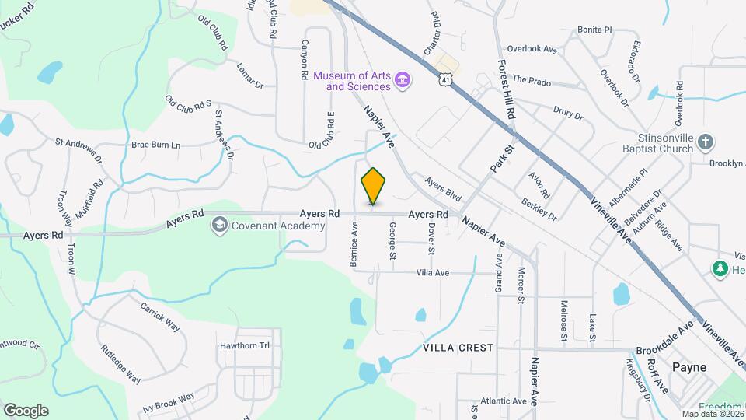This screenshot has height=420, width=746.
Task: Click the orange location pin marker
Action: coord(374,186)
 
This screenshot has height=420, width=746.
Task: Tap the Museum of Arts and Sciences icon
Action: coord(403,80)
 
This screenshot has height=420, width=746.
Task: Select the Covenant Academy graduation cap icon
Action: coord(220,226)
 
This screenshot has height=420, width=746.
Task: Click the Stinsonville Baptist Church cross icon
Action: coord(705,142)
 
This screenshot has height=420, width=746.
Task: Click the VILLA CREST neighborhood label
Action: coord(458,348)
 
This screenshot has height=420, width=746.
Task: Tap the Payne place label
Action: coord(688,366)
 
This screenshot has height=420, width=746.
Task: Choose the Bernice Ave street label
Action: coord(354,246)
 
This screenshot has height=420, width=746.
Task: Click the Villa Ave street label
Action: coord(433,273)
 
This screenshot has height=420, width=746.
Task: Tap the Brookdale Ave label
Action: coord(664,340)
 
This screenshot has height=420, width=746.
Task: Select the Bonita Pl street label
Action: coord(594,30)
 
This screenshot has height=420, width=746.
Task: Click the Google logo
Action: coord(26,410)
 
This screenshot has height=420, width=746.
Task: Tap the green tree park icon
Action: coord(720,269)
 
